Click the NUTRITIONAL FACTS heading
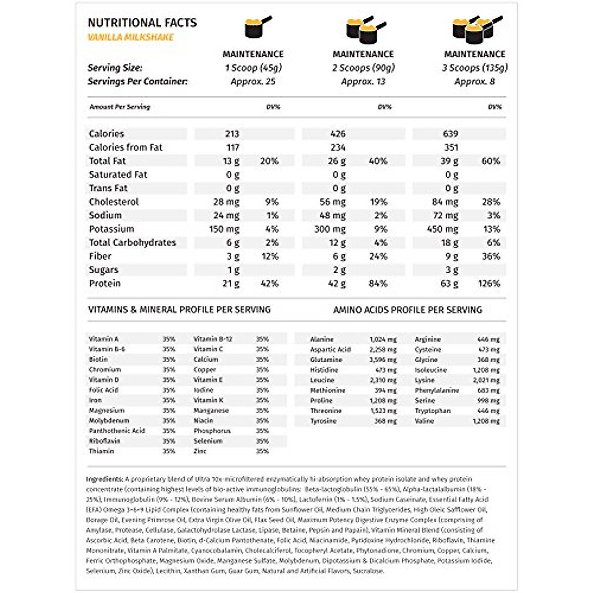[x=142, y=23]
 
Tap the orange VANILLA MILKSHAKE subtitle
[x=131, y=37]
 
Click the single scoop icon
[x=257, y=28]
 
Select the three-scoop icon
[x=475, y=29]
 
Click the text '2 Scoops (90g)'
[x=363, y=68]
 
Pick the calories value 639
[x=450, y=133]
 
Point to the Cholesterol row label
[x=114, y=202]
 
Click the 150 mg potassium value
[x=224, y=229]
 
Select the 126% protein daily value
[x=489, y=283]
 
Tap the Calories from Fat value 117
[x=233, y=147]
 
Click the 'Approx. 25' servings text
[x=253, y=82]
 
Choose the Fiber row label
[x=100, y=256]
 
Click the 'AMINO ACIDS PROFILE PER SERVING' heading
[x=407, y=310]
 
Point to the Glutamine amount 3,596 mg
[x=383, y=360]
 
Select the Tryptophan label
[x=432, y=411]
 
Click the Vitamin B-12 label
[x=213, y=339]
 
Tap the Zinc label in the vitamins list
[x=200, y=451]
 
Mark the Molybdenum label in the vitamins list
[x=109, y=421]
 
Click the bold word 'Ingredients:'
[x=104, y=479]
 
